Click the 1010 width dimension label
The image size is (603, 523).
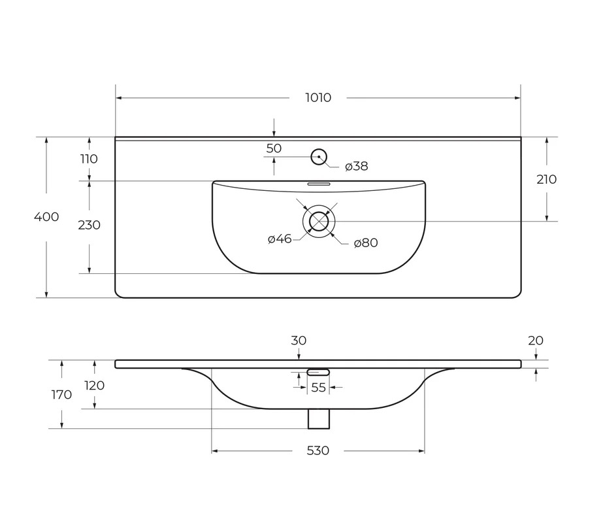(318, 98)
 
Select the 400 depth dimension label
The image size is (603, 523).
(46, 216)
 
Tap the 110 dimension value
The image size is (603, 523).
(89, 159)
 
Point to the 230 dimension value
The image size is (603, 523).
(90, 225)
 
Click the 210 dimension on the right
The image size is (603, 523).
(546, 179)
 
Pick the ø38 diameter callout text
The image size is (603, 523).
(357, 166)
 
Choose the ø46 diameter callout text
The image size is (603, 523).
(280, 239)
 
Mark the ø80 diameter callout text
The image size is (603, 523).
(366, 243)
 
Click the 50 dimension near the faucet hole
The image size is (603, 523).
(274, 148)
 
